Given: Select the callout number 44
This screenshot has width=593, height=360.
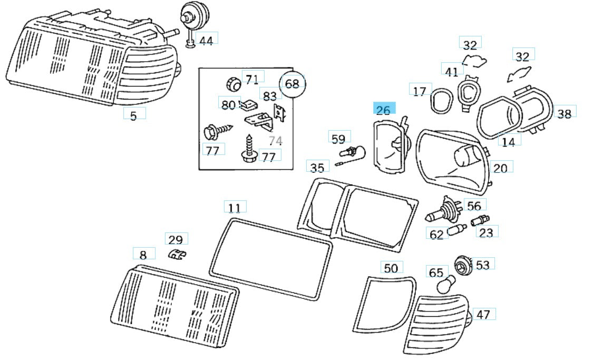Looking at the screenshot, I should (x=206, y=40).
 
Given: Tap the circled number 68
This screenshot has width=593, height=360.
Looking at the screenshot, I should (x=292, y=83).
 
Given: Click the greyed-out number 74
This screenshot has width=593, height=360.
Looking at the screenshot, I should (x=275, y=141).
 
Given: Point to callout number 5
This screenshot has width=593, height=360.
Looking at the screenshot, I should (x=133, y=115).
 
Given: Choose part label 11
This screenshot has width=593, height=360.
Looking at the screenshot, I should (x=235, y=208).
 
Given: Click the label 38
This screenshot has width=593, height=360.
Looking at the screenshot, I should (x=564, y=113).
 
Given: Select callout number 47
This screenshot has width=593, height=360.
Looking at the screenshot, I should (x=483, y=315).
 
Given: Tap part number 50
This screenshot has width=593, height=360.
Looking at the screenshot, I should (x=391, y=268).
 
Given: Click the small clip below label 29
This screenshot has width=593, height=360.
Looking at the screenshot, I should (x=177, y=255).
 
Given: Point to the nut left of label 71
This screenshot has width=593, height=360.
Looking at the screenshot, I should (x=232, y=84).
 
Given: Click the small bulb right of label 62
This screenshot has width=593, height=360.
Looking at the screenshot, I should (x=456, y=230).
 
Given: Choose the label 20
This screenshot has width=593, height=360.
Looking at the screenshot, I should (x=500, y=168).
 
